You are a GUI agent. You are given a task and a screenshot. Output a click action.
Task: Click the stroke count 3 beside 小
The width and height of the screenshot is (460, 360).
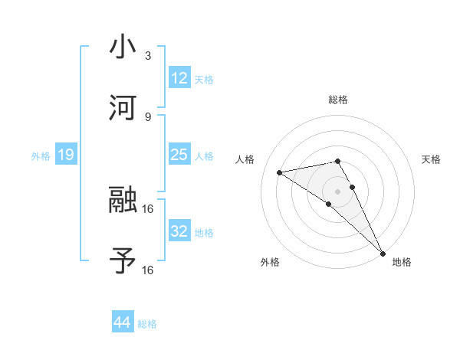pyautogui.click(x=148, y=56)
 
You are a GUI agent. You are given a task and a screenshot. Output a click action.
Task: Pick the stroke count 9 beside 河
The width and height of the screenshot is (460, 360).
pyautogui.click(x=148, y=116)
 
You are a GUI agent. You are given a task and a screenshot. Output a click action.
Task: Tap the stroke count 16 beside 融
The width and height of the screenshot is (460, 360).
pyautogui.click(x=148, y=208)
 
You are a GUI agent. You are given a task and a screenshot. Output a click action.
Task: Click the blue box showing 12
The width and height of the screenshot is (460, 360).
pyautogui.click(x=179, y=78)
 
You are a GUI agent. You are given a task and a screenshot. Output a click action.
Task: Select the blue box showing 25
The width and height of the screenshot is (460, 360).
pyautogui.click(x=179, y=155)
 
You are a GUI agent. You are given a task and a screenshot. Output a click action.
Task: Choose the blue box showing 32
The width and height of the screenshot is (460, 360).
pyautogui.click(x=179, y=231)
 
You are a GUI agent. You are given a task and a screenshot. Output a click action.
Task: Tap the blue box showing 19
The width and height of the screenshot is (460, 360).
pyautogui.click(x=66, y=155)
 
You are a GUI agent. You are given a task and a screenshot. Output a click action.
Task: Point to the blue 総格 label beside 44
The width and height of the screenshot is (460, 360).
pyautogui.click(x=147, y=324)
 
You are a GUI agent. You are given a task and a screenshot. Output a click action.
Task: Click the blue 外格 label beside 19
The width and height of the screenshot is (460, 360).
pyautogui.click(x=41, y=156)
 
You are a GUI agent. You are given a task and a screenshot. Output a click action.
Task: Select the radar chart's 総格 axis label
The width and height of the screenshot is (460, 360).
pyautogui.click(x=338, y=100)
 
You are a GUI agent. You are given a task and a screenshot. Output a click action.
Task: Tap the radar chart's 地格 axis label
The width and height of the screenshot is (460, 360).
pyautogui.click(x=402, y=263)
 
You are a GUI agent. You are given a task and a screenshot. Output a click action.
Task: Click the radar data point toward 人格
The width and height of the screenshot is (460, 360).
pyautogui.click(x=280, y=172)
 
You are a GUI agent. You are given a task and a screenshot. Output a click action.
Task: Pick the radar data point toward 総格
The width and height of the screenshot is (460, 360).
pyautogui.click(x=338, y=161)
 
